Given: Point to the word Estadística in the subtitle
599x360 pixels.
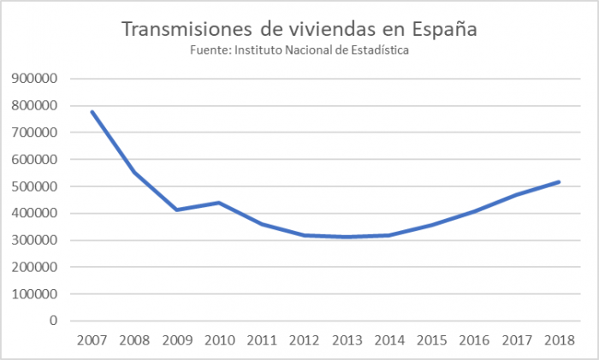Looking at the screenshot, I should point(377,50).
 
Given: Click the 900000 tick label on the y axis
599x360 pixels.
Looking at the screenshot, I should point(35,79).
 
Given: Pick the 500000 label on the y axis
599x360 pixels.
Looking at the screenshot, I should point(35,186).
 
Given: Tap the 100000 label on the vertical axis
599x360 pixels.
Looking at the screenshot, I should point(35,294).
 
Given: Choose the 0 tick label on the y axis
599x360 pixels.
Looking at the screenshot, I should point(52,321).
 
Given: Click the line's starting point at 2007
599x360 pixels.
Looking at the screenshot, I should point(91,111).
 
